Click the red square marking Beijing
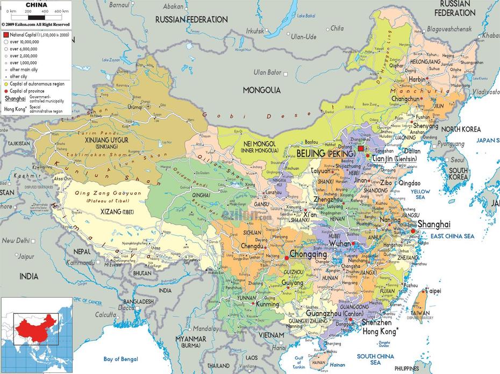360,149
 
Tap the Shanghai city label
433,224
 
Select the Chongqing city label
308,254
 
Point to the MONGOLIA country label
262,90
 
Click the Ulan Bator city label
267,72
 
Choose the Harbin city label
417,79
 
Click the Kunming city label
267,304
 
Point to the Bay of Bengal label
121,359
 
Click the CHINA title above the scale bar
36,4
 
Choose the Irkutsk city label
255,31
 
